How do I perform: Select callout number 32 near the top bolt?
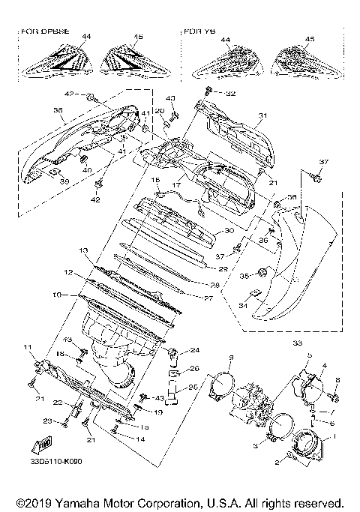tap(230, 94)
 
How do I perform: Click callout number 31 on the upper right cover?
tap(262, 115)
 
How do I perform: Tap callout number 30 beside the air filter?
tap(229, 232)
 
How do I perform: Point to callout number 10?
tap(56, 295)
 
